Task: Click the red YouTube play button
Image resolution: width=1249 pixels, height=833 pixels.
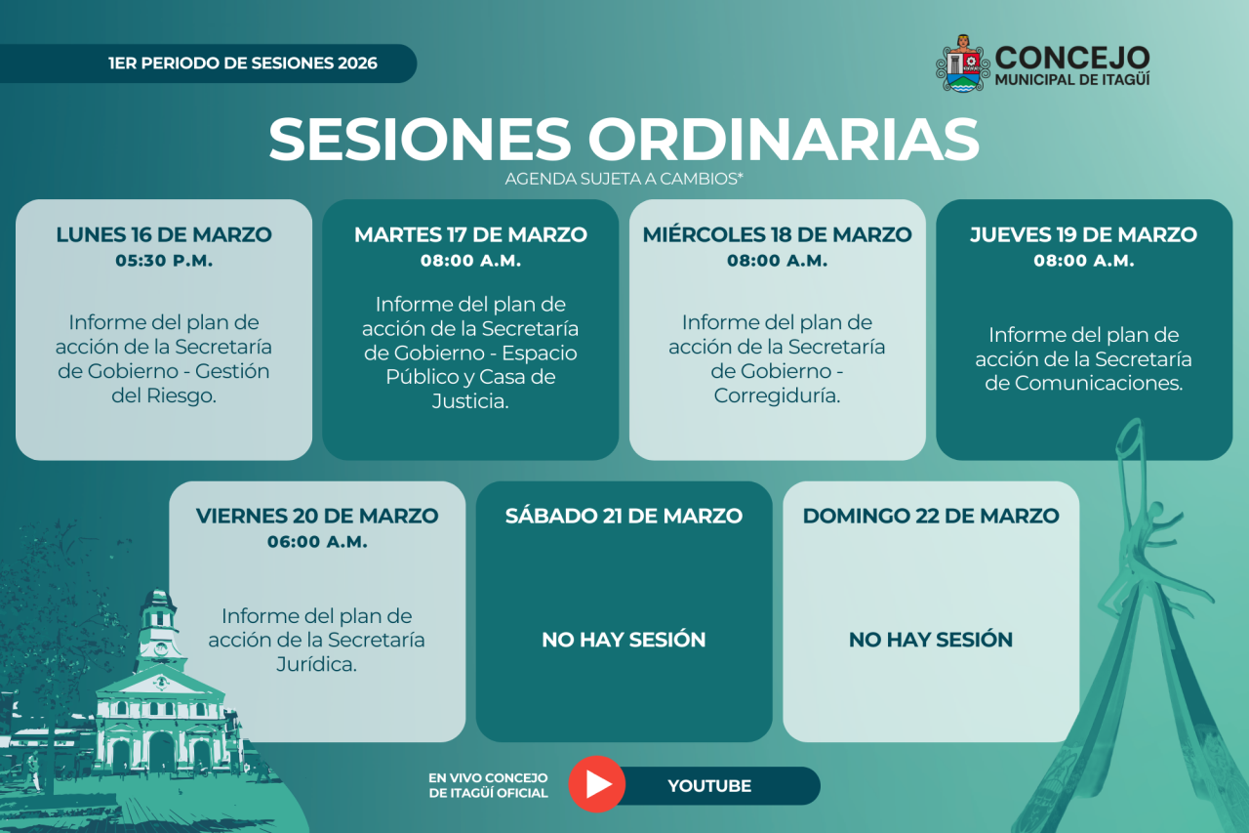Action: tap(596, 784)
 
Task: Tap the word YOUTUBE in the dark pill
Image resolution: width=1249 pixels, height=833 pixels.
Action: tap(709, 785)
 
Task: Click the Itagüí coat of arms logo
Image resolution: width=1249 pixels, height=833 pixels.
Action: tap(963, 63)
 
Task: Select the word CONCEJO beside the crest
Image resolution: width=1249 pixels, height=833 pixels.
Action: tap(1072, 58)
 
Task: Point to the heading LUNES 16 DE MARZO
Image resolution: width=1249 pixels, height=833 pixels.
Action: tap(164, 234)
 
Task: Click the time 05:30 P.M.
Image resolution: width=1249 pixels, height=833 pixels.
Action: tap(164, 261)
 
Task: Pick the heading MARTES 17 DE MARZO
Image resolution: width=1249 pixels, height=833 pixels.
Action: tap(470, 234)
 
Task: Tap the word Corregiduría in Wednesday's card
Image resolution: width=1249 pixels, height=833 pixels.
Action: tap(777, 396)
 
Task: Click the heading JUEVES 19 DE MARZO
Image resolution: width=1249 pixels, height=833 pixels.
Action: tap(1083, 234)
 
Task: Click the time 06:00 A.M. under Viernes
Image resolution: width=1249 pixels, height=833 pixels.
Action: tap(317, 542)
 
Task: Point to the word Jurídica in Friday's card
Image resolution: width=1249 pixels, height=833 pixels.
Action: tap(317, 664)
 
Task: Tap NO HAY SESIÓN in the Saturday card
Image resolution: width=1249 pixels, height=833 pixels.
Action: tap(624, 640)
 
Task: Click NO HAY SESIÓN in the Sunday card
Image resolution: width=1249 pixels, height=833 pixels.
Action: tap(931, 640)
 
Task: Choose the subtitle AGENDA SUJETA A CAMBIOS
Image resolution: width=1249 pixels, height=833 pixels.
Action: tap(624, 179)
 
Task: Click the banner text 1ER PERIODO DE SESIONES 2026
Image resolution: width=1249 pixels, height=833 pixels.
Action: tap(243, 63)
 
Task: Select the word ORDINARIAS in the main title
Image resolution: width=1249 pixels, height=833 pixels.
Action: tap(784, 139)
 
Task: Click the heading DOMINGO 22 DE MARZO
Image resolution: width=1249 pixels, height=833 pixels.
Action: tap(931, 516)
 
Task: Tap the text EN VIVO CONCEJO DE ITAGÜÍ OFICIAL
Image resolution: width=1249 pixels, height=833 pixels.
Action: tap(489, 785)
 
